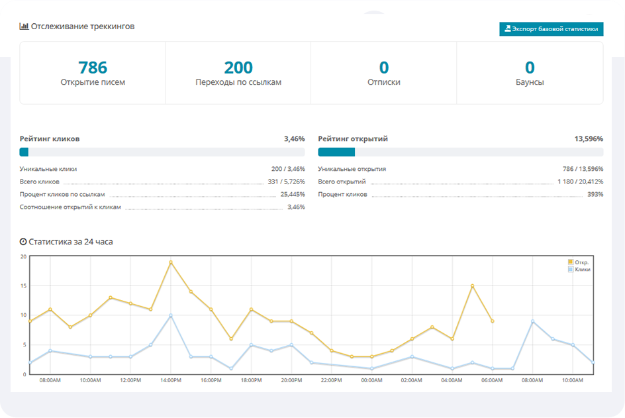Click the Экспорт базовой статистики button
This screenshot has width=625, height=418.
tap(552, 29)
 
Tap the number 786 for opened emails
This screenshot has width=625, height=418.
tap(93, 68)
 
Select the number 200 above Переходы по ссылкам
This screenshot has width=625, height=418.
tap(238, 68)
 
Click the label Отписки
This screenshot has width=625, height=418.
tap(384, 83)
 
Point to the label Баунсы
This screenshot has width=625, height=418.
tap(530, 83)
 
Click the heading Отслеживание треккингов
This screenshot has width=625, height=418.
tap(82, 27)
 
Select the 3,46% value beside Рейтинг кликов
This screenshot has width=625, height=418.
tap(294, 139)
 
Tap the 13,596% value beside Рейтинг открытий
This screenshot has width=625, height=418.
tap(589, 139)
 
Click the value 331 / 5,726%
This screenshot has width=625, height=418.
tap(283, 182)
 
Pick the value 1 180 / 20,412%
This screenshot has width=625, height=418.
tap(577, 182)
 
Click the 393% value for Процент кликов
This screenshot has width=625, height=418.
tap(595, 195)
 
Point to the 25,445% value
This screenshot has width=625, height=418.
tap(292, 195)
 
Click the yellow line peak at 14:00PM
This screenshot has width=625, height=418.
tap(171, 262)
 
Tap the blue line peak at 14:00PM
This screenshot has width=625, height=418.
tap(171, 315)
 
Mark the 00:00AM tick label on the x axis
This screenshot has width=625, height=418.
tap(371, 381)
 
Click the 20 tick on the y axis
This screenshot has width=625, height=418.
tap(23, 256)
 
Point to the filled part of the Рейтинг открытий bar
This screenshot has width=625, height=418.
tap(336, 152)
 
